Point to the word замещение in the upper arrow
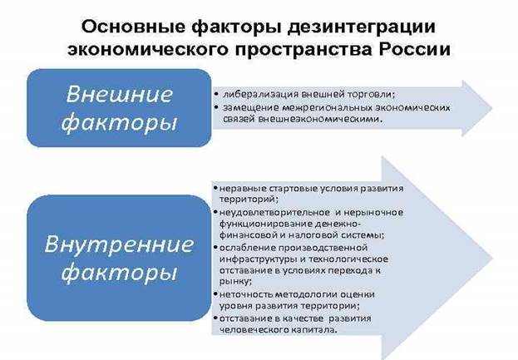245,108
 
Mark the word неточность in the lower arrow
243,294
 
